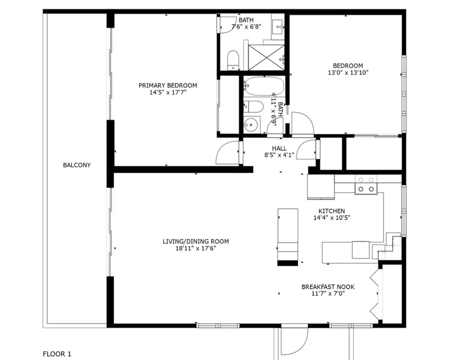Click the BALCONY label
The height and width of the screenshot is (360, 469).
[77, 165]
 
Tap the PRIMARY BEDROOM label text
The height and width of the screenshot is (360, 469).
[168, 86]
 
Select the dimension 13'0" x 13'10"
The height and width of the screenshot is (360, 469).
[348, 73]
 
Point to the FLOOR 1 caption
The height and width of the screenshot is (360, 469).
[57, 354]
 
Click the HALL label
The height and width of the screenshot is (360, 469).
[279, 148]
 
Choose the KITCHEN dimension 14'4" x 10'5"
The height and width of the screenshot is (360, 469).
[332, 218]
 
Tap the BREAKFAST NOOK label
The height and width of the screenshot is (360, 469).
[328, 287]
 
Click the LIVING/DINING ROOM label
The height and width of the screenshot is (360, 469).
[196, 241]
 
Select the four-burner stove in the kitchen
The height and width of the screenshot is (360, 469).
[366, 185]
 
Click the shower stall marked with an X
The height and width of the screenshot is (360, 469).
[266, 58]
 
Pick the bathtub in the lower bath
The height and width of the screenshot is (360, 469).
[265, 86]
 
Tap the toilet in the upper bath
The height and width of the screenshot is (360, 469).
[233, 60]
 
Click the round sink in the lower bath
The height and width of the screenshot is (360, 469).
[251, 125]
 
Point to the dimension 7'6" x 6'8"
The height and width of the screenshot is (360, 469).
[246, 27]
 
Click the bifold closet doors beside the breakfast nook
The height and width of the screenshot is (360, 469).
[375, 294]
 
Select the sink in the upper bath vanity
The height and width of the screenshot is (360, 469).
[278, 27]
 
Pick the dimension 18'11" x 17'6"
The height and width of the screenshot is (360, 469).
[196, 248]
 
